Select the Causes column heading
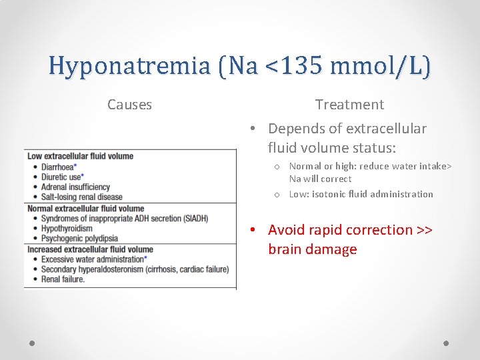point(129,105)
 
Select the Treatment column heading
point(349,105)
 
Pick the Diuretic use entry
point(62,177)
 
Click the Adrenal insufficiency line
point(75,187)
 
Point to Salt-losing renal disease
point(81,197)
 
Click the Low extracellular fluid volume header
point(80,157)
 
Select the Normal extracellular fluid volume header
point(85,209)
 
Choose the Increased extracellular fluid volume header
point(90,249)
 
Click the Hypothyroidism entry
point(67,228)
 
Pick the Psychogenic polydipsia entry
point(79,238)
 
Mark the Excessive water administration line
point(93,259)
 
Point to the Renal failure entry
point(63,279)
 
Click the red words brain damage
point(312,249)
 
